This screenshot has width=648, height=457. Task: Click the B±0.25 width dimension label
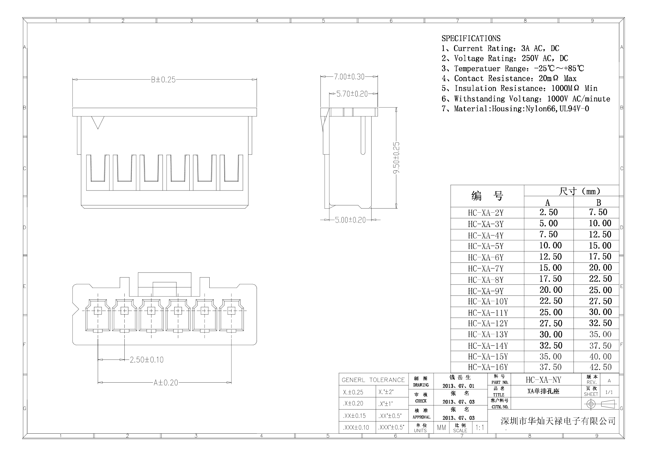(163, 80)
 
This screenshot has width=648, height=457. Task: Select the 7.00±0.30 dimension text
(349, 77)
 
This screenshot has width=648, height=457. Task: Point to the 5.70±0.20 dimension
(352, 94)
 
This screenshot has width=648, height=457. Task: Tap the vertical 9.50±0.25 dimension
(396, 158)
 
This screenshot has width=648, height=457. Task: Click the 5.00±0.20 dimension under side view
(350, 220)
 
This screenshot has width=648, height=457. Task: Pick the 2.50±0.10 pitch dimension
(147, 360)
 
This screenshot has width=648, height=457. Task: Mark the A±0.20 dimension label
(166, 383)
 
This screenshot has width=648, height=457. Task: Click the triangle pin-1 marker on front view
(98, 122)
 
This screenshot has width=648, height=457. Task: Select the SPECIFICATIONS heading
(471, 39)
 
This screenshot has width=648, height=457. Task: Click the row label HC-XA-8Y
(485, 280)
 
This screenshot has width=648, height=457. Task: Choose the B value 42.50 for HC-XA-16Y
(600, 367)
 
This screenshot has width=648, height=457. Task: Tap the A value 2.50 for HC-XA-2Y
(548, 212)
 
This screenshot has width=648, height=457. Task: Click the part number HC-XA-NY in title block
(543, 380)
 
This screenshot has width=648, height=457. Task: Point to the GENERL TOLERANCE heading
(373, 380)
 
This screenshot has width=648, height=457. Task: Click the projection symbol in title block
(600, 404)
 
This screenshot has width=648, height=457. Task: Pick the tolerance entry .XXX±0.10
(356, 427)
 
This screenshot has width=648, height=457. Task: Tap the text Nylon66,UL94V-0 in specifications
(557, 109)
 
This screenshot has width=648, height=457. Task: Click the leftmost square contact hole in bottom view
(98, 311)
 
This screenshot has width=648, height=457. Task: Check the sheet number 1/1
(609, 392)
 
